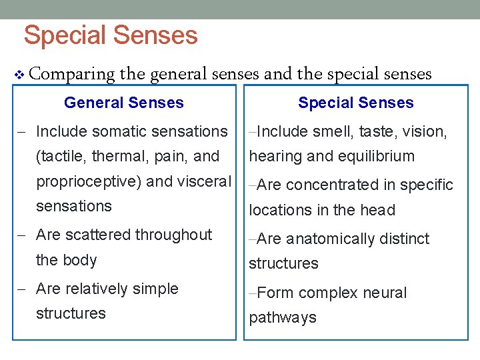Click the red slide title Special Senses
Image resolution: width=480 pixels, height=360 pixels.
[x=111, y=35]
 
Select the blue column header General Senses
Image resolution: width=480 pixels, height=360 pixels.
[x=124, y=103]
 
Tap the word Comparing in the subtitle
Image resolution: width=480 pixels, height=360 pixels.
[x=73, y=75]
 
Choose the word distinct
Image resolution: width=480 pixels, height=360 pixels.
[x=406, y=239]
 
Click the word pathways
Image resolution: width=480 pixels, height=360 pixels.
[x=283, y=317]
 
